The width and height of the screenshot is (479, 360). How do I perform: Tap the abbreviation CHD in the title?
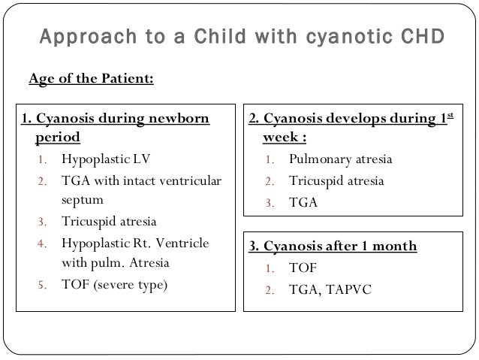click(419, 37)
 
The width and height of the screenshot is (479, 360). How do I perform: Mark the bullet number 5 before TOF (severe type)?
click(43, 286)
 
